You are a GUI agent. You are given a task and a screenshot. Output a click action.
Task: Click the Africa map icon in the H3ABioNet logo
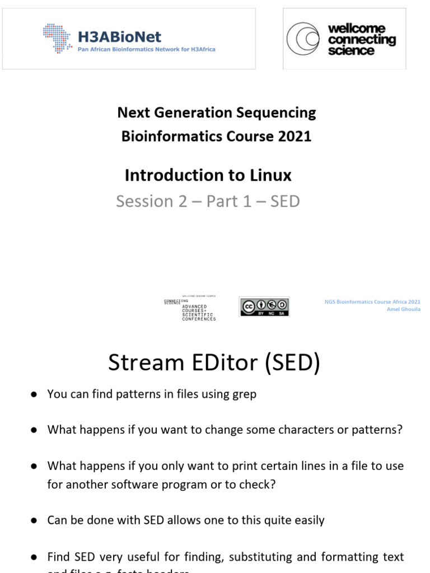tap(58, 37)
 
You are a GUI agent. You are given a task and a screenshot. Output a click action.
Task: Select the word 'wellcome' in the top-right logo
tap(364, 29)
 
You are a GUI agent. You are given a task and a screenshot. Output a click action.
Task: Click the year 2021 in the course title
tap(295, 136)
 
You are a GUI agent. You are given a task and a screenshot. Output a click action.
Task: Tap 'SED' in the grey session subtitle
tap(285, 201)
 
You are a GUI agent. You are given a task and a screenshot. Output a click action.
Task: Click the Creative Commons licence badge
tap(264, 307)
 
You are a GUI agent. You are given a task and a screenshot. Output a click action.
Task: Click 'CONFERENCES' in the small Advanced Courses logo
tap(199, 319)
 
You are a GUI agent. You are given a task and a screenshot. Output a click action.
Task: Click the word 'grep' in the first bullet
tap(244, 394)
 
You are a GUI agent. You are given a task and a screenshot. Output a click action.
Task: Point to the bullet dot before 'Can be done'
tap(34, 520)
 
